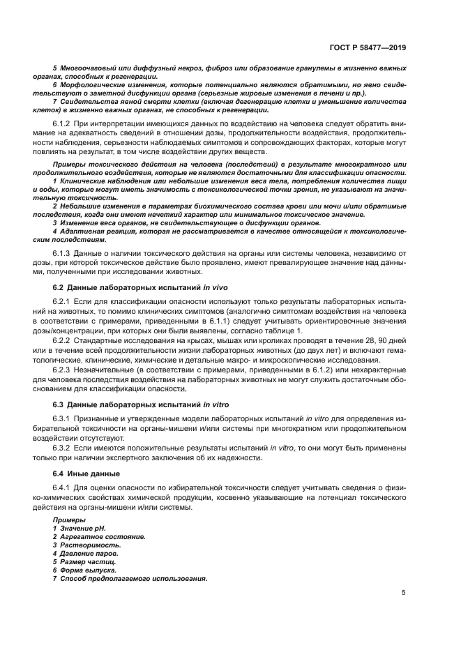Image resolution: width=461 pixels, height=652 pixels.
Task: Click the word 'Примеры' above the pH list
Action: click(68, 521)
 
